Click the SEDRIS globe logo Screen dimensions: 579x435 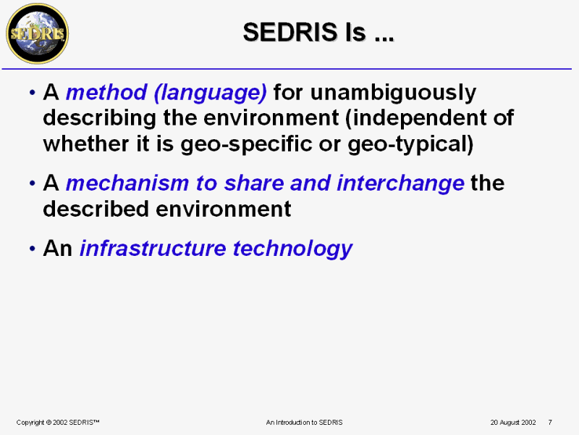[x=38, y=33]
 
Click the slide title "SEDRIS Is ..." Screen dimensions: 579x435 [x=318, y=32]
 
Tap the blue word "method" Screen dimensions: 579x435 [x=106, y=92]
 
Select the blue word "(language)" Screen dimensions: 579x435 [x=210, y=93]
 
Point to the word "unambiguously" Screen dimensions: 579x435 [x=393, y=93]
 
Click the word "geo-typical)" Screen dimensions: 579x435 [x=410, y=144]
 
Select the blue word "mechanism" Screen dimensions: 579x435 [x=127, y=183]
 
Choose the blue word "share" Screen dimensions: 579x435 [x=254, y=183]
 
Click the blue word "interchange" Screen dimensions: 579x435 [x=400, y=183]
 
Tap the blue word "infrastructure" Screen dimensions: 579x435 [x=153, y=248]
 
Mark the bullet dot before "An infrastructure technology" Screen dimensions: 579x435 [x=33, y=249]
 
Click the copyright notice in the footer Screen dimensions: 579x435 [x=58, y=422]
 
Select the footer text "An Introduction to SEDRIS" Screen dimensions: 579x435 [x=304, y=422]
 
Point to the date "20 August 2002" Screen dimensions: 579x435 [x=513, y=422]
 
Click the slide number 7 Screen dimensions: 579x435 [x=550, y=422]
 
